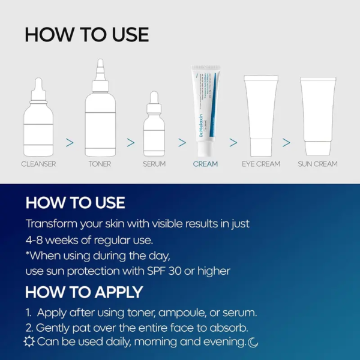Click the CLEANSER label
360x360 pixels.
click(38, 163)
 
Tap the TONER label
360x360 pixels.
click(100, 163)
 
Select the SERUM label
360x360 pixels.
click(154, 163)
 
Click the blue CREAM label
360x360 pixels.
click(205, 163)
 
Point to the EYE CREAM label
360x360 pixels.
click(261, 163)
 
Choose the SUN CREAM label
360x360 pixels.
click(317, 163)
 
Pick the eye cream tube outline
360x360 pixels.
click(261, 114)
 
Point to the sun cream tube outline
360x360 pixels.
click(317, 114)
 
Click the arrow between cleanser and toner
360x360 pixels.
click(70, 142)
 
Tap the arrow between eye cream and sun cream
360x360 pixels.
click(286, 142)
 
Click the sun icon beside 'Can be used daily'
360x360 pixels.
click(29, 341)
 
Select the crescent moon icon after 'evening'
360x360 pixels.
click(253, 342)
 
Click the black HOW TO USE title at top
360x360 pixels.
click(86, 34)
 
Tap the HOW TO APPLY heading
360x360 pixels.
click(84, 292)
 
